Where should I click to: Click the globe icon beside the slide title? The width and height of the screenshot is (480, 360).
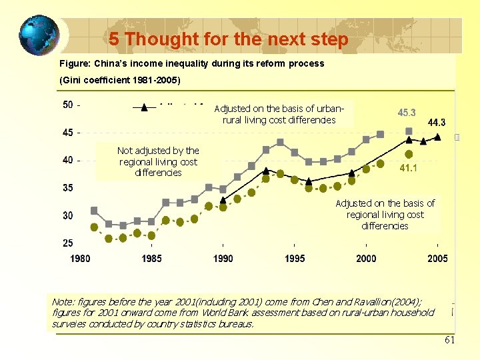click(x=38, y=35)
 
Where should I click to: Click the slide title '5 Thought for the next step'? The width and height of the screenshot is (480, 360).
click(x=229, y=39)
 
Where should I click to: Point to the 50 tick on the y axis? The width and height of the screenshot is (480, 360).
click(x=68, y=105)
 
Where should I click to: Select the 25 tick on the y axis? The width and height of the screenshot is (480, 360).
click(x=68, y=243)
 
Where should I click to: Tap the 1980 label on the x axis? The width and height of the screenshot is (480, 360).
click(x=80, y=259)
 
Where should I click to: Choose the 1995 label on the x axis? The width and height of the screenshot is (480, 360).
click(x=295, y=259)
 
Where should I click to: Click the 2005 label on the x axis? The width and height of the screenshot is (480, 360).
click(x=437, y=259)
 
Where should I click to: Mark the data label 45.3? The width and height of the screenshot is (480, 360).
click(x=407, y=113)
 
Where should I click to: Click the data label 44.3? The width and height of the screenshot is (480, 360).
click(x=437, y=123)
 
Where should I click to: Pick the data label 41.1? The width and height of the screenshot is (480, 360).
click(x=409, y=169)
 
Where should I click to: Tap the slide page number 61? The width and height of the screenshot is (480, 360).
click(x=449, y=341)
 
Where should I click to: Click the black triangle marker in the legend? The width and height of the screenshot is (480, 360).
click(x=144, y=107)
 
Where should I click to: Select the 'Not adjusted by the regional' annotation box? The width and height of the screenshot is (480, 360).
click(x=158, y=162)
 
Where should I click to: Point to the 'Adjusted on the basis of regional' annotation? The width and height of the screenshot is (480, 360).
click(x=385, y=215)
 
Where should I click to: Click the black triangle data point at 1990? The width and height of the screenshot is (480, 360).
click(x=223, y=199)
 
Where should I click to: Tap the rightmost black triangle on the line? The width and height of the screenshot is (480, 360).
click(x=437, y=137)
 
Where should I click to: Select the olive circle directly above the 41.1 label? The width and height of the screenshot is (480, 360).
click(x=409, y=155)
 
